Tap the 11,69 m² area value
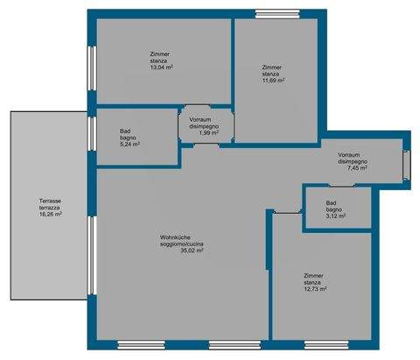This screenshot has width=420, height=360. [x=274, y=81]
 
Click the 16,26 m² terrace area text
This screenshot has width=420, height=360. [x=50, y=213]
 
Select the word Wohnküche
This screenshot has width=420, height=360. [x=175, y=236]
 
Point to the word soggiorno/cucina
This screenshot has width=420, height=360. [x=181, y=244]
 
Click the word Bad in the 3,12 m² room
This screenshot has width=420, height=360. [x=332, y=203]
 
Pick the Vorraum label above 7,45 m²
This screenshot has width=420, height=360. [x=353, y=154]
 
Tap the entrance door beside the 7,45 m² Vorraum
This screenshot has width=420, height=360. [x=406, y=164]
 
